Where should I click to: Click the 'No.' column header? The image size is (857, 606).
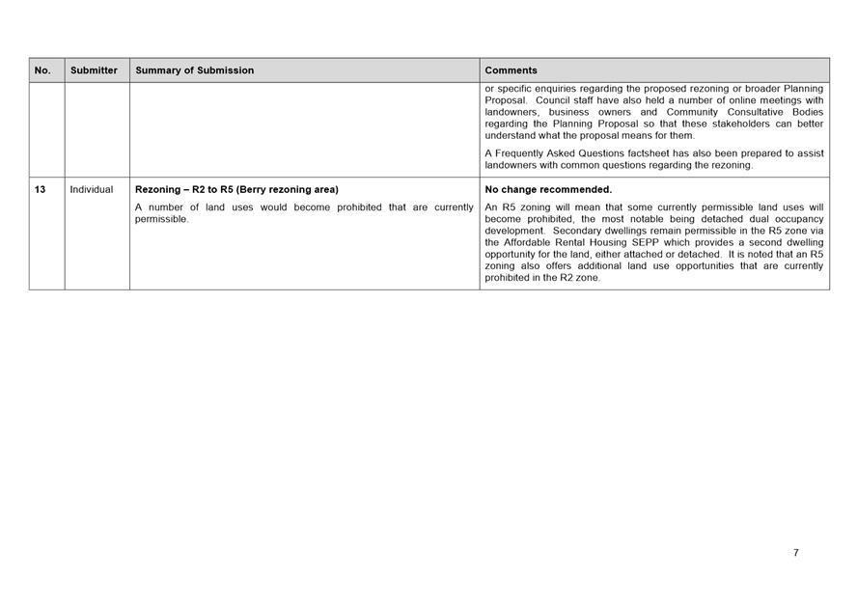pos(42,70)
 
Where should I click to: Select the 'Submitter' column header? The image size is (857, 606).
pos(94,70)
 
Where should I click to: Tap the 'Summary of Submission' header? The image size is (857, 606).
pos(195,70)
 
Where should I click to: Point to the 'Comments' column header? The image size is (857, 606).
pos(511,70)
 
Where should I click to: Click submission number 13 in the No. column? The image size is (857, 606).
pos(41,190)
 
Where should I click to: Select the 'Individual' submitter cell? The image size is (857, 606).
pos(92,190)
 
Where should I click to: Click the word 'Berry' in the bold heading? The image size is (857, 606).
pos(267,190)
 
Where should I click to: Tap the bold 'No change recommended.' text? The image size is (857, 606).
pos(548,190)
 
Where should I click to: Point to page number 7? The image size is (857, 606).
pos(796,553)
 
